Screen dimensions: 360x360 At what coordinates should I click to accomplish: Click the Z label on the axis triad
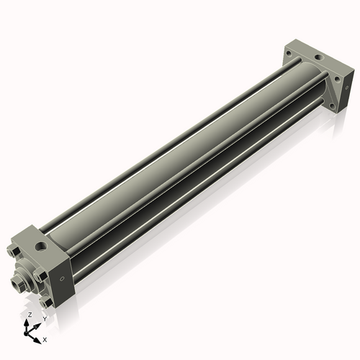pyautogui.click(x=29, y=315)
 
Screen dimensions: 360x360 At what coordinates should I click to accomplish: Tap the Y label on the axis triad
pyautogui.click(x=44, y=318)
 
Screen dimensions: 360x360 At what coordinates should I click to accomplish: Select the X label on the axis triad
pyautogui.click(x=45, y=338)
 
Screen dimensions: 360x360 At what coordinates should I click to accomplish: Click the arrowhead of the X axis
pyautogui.click(x=39, y=336)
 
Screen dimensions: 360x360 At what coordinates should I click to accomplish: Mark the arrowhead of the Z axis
pyautogui.click(x=28, y=322)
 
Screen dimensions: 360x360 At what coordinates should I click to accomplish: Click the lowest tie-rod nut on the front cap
pyautogui.click(x=48, y=303)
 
